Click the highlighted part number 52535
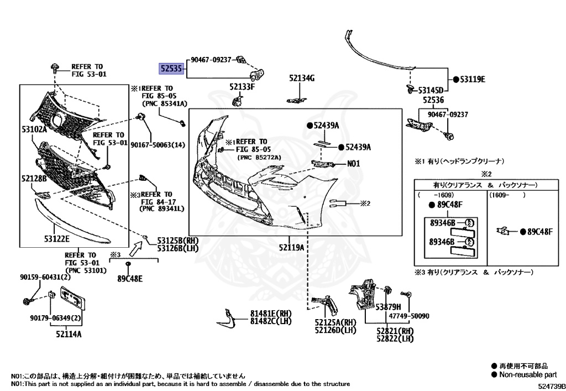coord(171,68)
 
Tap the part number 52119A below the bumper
coord(291,247)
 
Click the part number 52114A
coord(69,334)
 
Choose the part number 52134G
coord(301,79)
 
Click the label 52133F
coord(242,87)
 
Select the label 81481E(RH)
coord(271,313)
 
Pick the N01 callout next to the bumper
coord(353,164)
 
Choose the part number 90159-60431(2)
coord(46,277)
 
